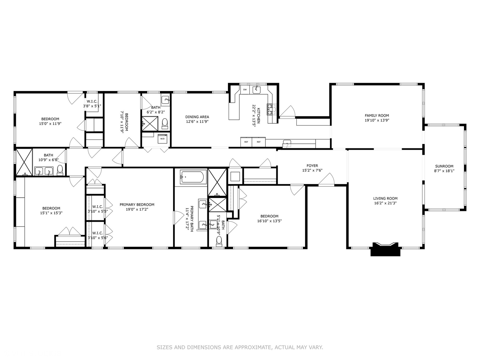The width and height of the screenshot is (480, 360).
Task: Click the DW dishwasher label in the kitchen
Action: (x=245, y=90)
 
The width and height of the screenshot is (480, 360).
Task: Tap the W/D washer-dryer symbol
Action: (x=162, y=139)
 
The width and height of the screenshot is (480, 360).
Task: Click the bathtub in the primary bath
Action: (x=193, y=177)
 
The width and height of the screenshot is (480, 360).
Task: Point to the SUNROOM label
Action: (x=444, y=166)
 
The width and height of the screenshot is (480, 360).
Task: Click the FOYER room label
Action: (x=312, y=166)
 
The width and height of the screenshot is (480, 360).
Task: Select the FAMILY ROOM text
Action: (x=377, y=115)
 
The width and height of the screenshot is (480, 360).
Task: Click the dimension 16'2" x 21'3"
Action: (x=385, y=203)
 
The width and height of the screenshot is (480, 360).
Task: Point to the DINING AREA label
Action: (x=197, y=117)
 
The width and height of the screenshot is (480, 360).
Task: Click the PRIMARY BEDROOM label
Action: (x=137, y=205)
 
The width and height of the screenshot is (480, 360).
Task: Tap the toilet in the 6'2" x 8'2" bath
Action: (x=165, y=123)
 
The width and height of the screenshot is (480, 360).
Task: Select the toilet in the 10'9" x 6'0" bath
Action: (x=60, y=170)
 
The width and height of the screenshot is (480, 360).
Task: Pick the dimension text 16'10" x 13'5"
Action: (x=269, y=221)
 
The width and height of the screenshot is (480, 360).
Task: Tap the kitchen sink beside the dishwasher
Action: (x=257, y=90)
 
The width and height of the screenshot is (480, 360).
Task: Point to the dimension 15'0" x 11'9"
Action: (x=50, y=123)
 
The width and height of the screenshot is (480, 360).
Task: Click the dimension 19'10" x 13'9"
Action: (x=377, y=120)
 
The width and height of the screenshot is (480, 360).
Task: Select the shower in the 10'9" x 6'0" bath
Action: (x=24, y=162)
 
